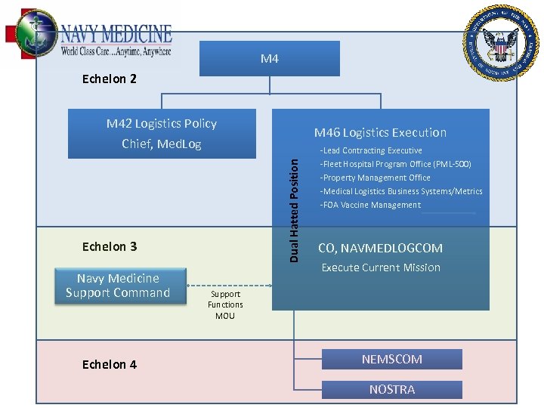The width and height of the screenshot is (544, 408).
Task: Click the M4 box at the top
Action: coord(270,58)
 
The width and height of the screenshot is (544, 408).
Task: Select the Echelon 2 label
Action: coord(110,79)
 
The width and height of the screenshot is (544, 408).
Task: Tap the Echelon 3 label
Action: coord(110,246)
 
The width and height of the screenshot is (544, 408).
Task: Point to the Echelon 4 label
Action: coord(110,364)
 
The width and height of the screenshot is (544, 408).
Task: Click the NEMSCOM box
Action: coord(391,359)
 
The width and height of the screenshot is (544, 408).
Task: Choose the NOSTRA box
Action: coord(391,389)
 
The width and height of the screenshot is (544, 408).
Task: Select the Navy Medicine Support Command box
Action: coord(119,286)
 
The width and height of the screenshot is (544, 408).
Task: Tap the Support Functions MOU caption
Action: coord(225,304)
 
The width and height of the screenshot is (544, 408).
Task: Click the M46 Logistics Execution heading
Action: coord(380,132)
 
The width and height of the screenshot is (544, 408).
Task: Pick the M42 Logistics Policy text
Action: coord(162,124)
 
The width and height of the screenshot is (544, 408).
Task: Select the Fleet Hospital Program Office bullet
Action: coord(395,164)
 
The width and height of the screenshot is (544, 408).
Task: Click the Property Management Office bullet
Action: coord(375,178)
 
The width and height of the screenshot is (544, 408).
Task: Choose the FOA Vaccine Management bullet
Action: coord(370,205)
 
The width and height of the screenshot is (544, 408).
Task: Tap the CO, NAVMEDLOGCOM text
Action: coord(380,248)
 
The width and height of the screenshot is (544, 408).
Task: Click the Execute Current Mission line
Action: coord(381,267)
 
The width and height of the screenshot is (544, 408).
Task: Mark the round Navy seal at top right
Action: coord(501,43)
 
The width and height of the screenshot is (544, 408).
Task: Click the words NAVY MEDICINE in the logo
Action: coord(116,35)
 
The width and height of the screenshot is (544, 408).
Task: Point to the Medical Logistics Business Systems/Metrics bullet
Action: coord(401,191)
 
